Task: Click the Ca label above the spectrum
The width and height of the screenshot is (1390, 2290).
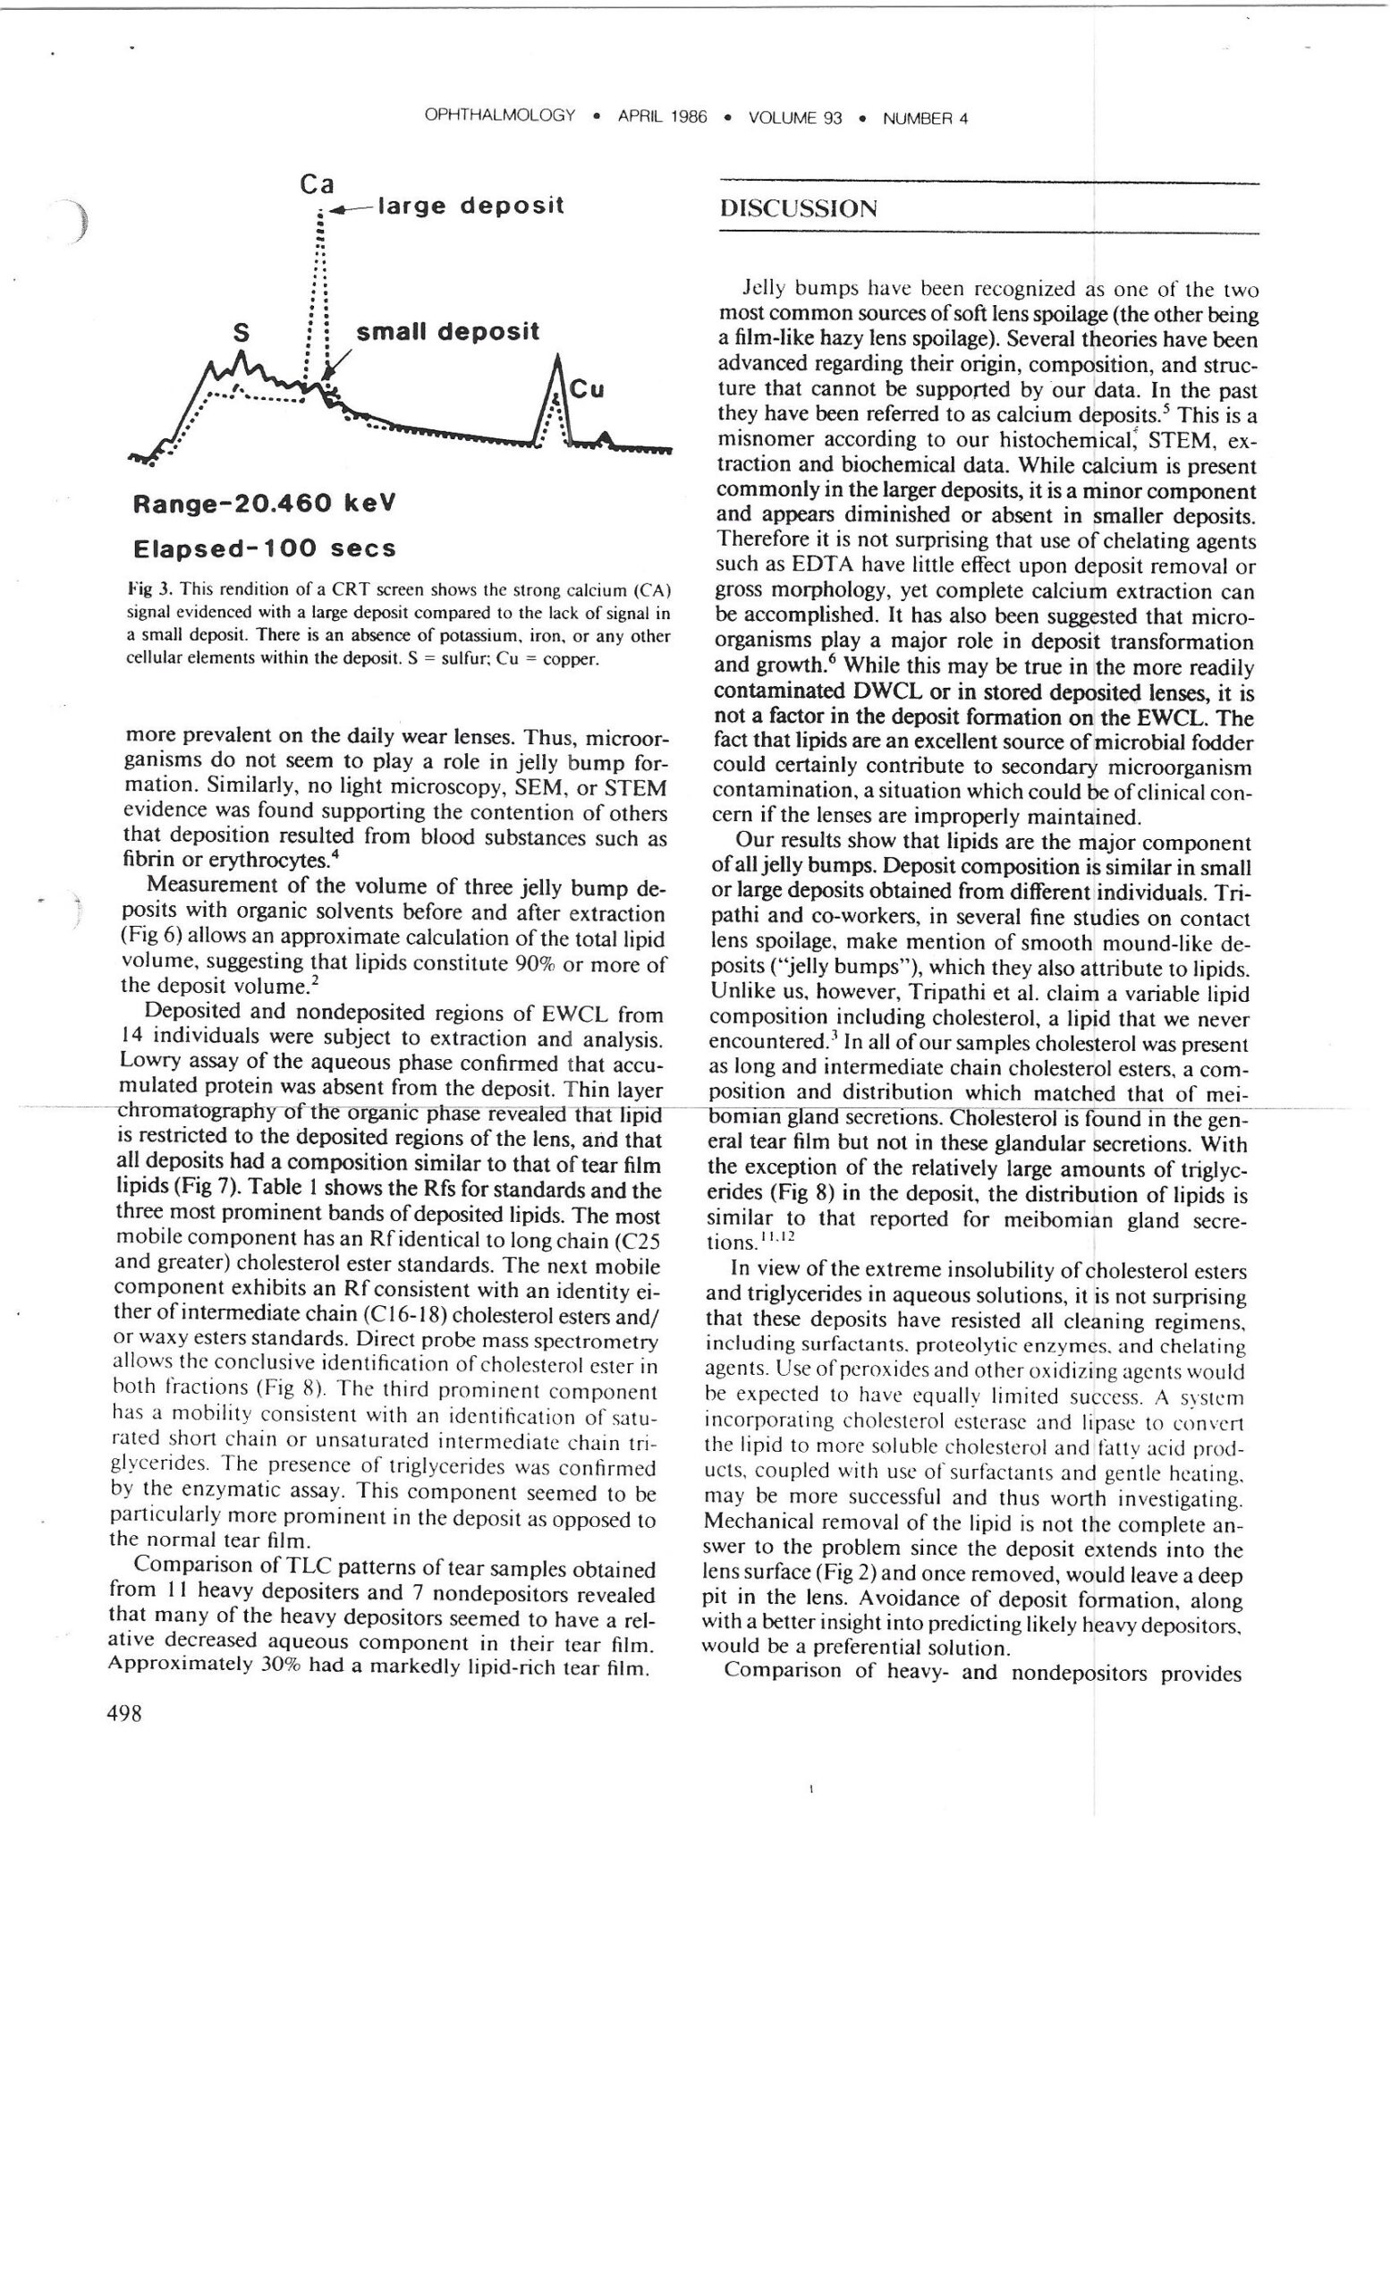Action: tap(317, 184)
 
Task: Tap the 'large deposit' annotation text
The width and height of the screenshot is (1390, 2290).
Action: tap(470, 206)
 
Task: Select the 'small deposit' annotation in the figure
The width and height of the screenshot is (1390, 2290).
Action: tap(447, 332)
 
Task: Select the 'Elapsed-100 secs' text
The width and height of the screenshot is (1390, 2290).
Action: tap(265, 547)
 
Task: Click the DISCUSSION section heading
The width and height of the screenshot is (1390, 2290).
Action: tap(797, 208)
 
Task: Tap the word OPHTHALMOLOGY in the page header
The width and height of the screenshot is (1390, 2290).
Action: tap(499, 116)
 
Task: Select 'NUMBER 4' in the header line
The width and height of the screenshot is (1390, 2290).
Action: tap(925, 118)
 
